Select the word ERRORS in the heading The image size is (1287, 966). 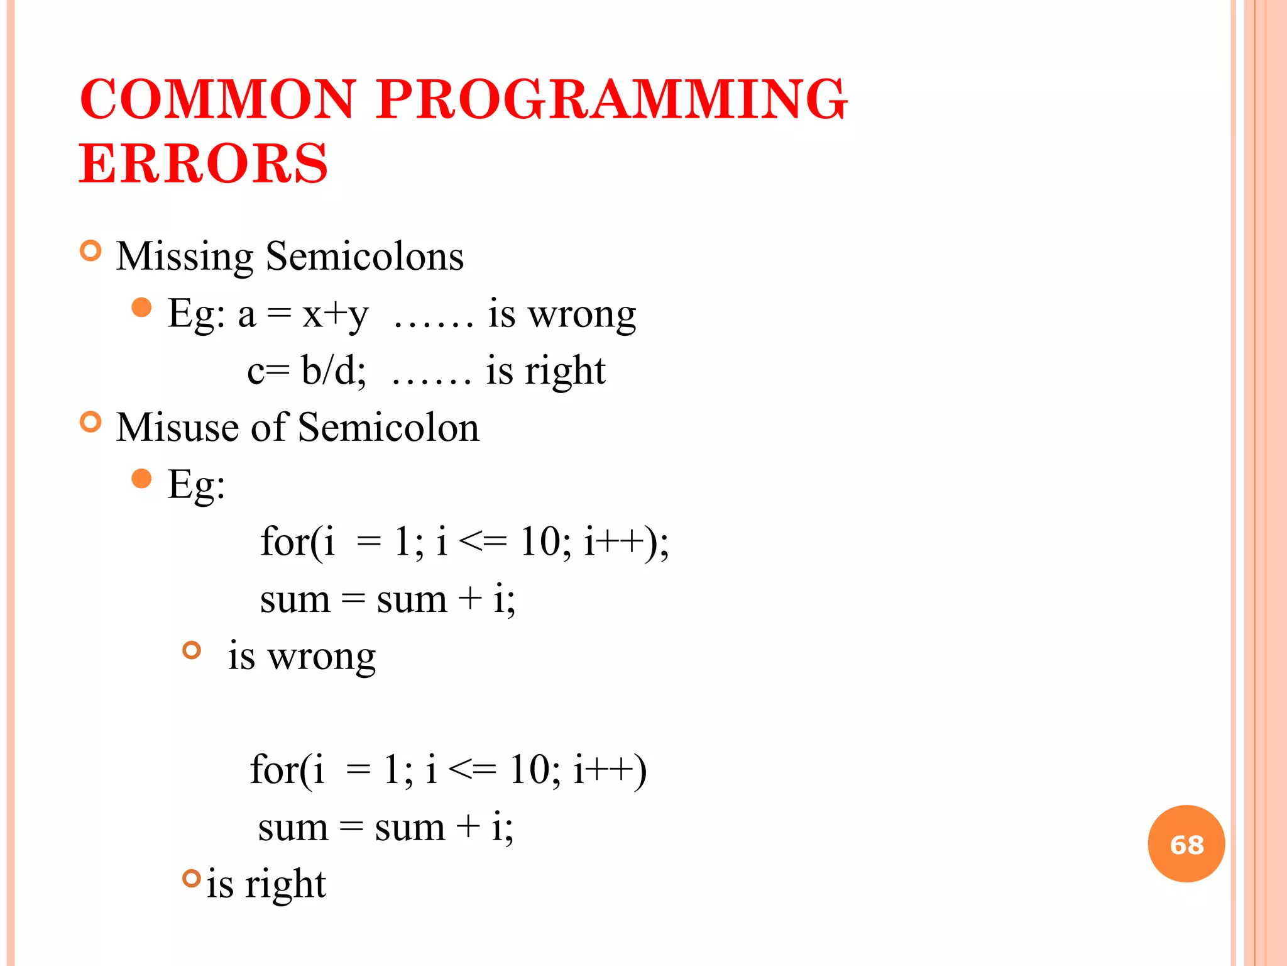pos(203,164)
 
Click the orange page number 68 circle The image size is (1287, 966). pos(1186,844)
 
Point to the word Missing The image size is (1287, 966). pos(184,257)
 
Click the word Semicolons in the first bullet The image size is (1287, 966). pos(364,256)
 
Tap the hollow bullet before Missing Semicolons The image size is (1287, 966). pos(91,251)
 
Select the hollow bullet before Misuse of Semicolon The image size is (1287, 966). pos(91,422)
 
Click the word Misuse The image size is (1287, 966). pos(178,428)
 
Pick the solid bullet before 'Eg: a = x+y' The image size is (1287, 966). pos(142,308)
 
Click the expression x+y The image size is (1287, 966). pos(335,314)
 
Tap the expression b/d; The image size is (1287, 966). pos(333,370)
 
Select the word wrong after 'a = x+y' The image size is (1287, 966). pos(581,314)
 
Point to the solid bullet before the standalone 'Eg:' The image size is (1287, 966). pos(142,479)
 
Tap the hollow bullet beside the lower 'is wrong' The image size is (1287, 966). pos(192,650)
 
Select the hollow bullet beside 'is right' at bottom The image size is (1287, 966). pos(192,878)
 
